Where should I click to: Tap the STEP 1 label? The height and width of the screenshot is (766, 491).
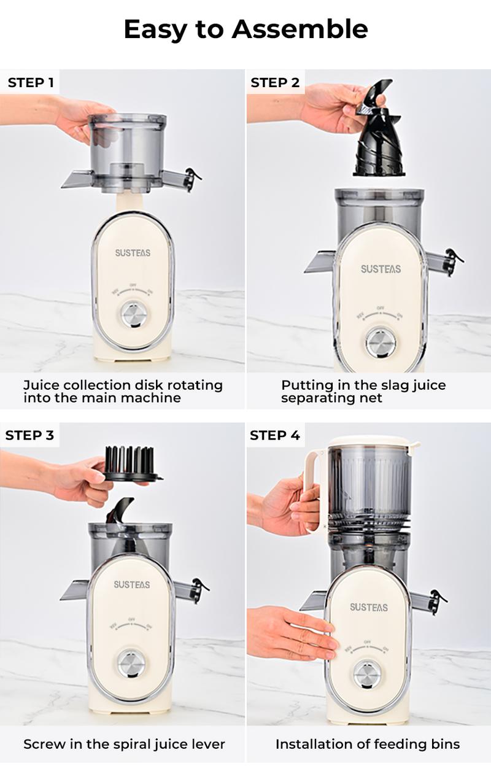31,82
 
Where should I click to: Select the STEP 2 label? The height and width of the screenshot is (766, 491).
275,82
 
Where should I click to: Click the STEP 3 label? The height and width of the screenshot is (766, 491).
29,435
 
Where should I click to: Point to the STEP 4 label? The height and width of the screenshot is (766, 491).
275,435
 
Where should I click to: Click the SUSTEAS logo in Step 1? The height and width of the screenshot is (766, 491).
133,252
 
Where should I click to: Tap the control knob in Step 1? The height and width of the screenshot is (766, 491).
134,315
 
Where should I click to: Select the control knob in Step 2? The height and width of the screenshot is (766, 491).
381,342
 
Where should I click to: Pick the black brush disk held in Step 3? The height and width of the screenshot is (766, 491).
130,464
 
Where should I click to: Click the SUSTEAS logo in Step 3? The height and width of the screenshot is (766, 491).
131,584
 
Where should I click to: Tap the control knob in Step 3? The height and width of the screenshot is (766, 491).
131,664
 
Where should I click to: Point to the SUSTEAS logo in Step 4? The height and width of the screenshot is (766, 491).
369,607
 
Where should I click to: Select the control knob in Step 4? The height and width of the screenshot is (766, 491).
367,674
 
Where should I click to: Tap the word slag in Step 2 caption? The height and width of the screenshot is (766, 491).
380,385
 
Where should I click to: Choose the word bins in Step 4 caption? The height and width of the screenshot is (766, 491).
444,745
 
